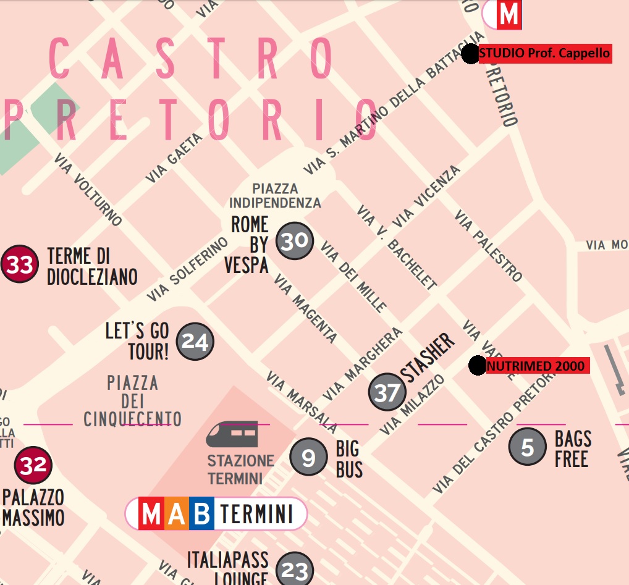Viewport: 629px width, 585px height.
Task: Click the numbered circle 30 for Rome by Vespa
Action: click(x=295, y=240)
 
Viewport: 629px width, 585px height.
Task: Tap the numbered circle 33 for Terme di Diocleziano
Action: click(x=20, y=265)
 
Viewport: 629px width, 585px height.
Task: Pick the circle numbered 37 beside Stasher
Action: click(x=387, y=392)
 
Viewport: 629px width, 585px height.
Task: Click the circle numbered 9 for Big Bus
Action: click(x=308, y=457)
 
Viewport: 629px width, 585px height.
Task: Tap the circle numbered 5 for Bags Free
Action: click(x=527, y=447)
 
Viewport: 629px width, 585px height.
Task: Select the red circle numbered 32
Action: click(x=33, y=465)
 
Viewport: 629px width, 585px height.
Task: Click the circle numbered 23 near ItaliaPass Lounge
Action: click(x=295, y=570)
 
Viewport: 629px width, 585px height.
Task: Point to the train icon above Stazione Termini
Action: click(x=232, y=434)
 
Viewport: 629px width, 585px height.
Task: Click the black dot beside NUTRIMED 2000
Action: click(x=477, y=366)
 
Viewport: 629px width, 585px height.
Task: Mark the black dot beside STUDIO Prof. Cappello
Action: click(x=470, y=54)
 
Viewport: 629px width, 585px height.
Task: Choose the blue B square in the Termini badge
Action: click(x=201, y=513)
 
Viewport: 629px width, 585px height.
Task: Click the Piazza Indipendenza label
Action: click(x=275, y=196)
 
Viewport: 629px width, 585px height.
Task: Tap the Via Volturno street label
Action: click(x=88, y=189)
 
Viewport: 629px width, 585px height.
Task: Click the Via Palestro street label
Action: click(x=488, y=245)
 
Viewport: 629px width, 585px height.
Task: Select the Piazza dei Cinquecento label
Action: click(x=133, y=401)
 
